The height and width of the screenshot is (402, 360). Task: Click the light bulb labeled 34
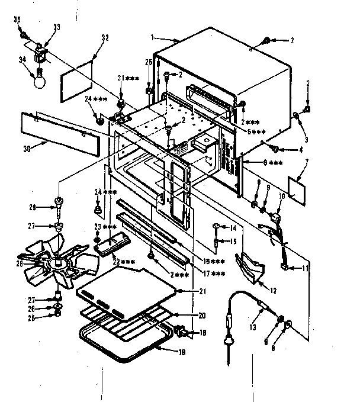tap(39, 79)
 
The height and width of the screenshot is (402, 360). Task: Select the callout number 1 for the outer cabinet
tap(153, 37)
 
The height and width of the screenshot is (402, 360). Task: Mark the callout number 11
tap(306, 268)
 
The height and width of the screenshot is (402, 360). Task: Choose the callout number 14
tap(233, 227)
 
